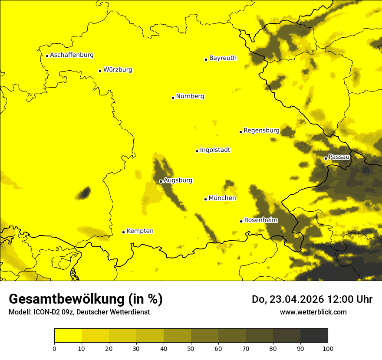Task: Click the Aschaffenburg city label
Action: (x=72, y=55)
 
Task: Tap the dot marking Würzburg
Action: (x=100, y=71)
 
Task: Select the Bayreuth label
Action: (x=223, y=58)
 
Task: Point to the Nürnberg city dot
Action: (x=173, y=98)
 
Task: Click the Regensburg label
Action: (x=261, y=130)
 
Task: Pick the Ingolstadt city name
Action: (x=215, y=150)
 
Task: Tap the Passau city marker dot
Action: (x=326, y=158)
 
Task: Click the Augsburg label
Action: (x=178, y=180)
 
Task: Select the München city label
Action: (x=222, y=198)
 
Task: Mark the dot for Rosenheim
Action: (x=241, y=221)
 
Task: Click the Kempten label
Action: (x=140, y=231)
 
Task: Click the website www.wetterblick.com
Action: (x=313, y=312)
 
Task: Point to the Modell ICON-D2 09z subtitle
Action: (x=79, y=312)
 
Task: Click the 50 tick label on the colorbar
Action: (x=191, y=348)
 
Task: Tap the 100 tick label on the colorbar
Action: (x=328, y=348)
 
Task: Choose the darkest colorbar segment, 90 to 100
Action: (x=314, y=336)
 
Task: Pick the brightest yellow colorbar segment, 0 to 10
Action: (x=68, y=336)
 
